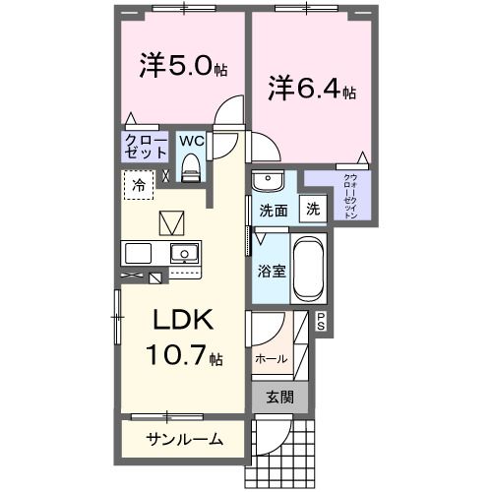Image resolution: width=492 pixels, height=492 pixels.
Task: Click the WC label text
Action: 191,140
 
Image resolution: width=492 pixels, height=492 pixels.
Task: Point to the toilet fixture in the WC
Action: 192,167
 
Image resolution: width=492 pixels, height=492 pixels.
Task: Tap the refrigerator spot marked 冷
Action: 139,184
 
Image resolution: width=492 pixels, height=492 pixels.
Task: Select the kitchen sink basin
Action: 184,254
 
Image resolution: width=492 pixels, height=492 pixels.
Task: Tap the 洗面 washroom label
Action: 273,210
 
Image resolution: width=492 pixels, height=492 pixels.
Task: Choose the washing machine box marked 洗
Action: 312,209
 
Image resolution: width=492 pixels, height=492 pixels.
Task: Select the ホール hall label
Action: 272,358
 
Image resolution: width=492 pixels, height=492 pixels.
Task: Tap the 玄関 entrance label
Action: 278,399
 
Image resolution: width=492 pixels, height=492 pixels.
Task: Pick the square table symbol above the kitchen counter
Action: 172,220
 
